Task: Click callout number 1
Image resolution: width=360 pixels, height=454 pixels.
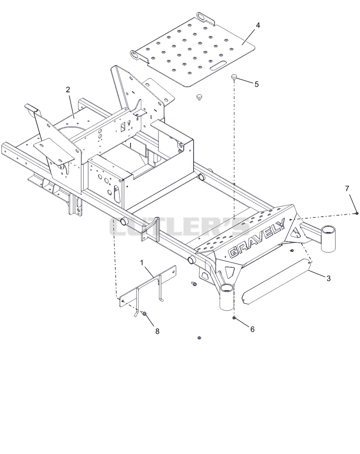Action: [142, 263]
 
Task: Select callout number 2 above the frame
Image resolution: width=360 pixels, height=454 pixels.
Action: [68, 89]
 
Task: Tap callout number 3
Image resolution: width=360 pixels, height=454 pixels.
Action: [328, 278]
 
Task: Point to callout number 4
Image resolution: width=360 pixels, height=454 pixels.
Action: [258, 25]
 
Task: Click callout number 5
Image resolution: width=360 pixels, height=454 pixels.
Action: [256, 84]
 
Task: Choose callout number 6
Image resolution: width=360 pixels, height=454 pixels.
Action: [252, 329]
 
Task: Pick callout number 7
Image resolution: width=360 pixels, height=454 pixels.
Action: [347, 188]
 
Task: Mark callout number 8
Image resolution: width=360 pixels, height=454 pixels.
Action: [157, 331]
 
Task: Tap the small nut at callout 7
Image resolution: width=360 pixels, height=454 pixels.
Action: [356, 213]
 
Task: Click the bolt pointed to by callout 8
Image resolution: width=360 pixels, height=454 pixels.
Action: [144, 314]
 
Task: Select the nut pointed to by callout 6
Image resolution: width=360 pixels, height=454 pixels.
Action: [234, 318]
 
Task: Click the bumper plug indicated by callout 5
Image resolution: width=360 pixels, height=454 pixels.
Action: [234, 77]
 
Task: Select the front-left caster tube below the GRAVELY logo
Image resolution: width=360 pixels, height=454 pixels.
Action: [227, 297]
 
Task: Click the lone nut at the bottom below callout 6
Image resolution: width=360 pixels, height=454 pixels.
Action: [199, 338]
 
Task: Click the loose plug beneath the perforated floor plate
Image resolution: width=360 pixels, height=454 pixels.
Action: [199, 97]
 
